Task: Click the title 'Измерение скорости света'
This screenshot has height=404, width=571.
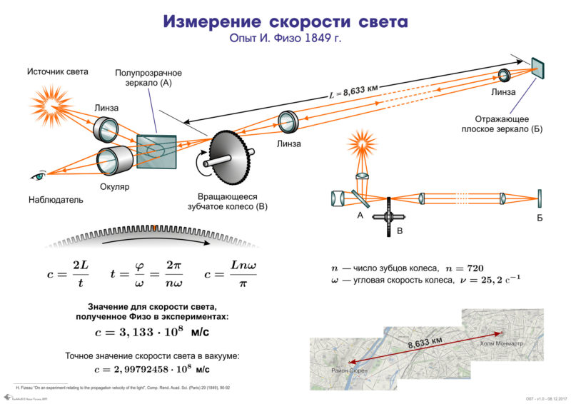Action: (x=285, y=21)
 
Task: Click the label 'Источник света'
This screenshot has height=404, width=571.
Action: (x=58, y=71)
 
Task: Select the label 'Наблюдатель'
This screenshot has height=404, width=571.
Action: (x=56, y=200)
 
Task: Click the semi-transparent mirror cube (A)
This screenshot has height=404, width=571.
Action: (x=156, y=150)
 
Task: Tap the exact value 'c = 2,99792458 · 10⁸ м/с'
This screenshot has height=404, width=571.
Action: (x=152, y=369)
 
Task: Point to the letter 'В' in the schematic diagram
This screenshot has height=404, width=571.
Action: (x=400, y=231)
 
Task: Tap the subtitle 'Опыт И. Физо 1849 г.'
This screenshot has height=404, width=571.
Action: (x=285, y=39)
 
